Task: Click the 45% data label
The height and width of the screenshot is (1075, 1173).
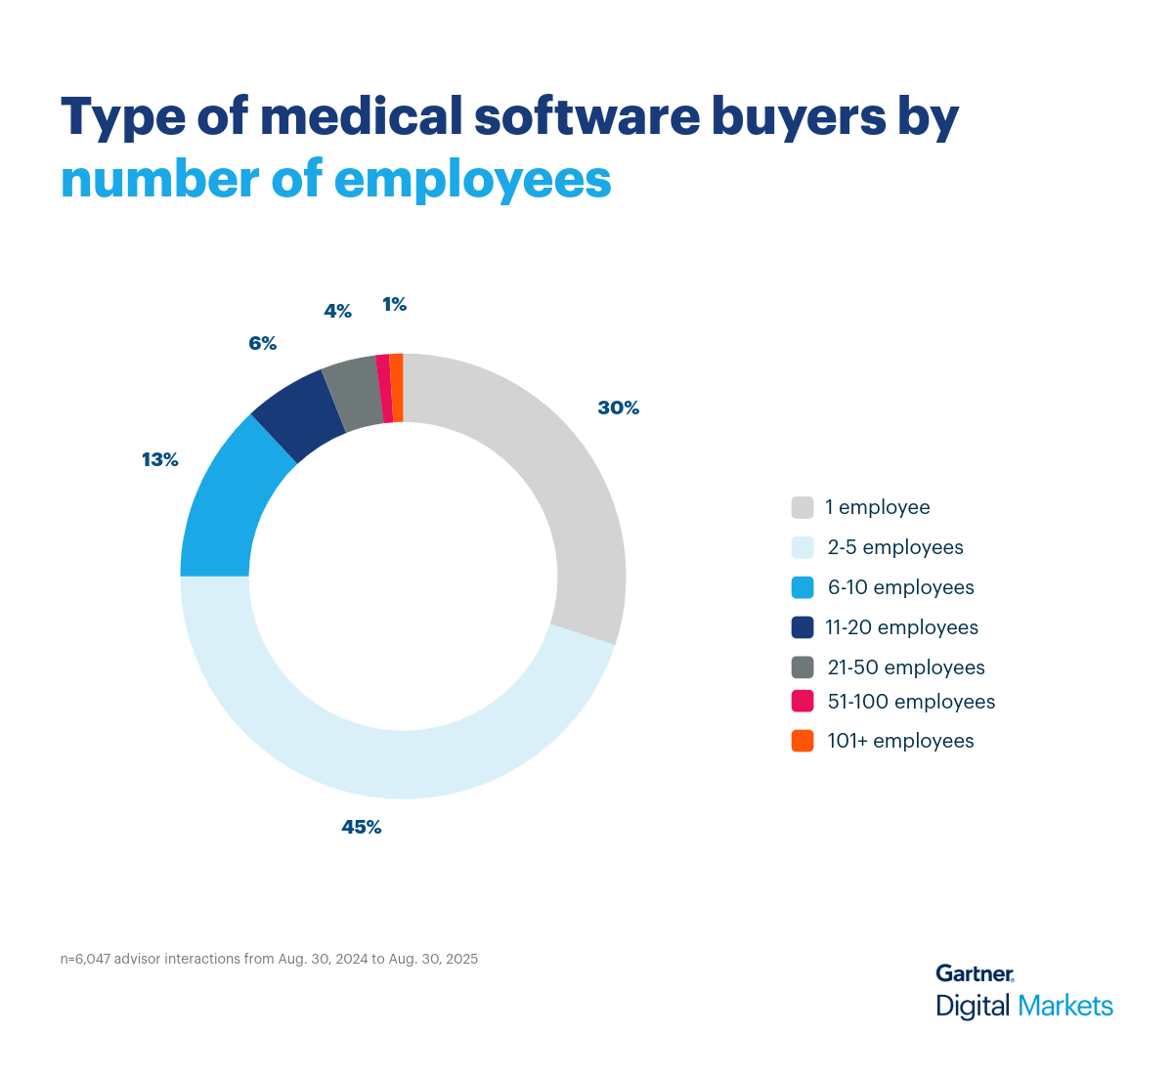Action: coord(361,827)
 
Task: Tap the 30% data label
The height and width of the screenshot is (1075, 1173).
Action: coord(618,408)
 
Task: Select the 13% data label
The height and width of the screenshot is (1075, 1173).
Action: coord(160,459)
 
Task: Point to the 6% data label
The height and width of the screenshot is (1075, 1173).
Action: coord(262,343)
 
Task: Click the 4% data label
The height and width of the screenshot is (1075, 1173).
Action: coord(337,311)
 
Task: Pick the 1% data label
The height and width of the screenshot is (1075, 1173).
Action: coord(394,305)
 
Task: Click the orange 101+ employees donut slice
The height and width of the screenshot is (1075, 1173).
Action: coord(397,388)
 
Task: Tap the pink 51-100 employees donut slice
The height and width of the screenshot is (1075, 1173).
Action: coord(384,389)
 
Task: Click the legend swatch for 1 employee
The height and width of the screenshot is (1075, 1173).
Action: coord(803,507)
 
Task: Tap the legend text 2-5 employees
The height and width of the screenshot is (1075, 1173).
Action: coord(895,547)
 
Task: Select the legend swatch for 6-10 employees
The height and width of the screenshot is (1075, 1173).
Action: coord(803,587)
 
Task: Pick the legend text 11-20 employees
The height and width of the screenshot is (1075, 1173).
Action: coord(901,627)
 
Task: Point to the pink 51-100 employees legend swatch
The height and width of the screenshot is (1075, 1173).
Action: coord(803,702)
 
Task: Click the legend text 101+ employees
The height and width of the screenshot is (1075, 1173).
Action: coord(900,741)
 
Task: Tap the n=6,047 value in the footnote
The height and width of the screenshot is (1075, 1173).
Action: coord(85,959)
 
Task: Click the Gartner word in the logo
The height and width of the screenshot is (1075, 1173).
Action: coord(974,973)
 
